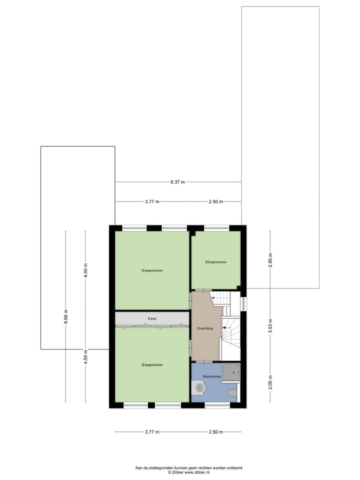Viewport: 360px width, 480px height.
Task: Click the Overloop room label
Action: (x=205, y=328)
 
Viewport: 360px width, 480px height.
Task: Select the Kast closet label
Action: (x=152, y=318)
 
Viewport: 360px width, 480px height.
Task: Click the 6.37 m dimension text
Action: (x=177, y=182)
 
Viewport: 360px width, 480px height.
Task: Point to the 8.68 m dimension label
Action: (x=65, y=316)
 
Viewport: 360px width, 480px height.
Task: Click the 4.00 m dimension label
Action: (x=85, y=270)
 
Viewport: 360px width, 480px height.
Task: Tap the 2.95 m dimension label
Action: (x=270, y=260)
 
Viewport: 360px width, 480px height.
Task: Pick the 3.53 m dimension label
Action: (x=270, y=325)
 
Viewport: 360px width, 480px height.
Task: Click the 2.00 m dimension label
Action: (x=270, y=382)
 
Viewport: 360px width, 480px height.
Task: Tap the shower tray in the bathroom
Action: (x=231, y=372)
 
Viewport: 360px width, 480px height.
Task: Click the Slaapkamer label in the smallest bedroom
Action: (x=215, y=262)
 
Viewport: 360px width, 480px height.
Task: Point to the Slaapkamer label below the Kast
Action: (x=152, y=365)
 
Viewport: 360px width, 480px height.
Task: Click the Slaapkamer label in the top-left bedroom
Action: (x=152, y=270)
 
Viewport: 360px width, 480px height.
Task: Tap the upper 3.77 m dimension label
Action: (x=152, y=201)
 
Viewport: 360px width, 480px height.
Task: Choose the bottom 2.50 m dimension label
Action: (x=215, y=432)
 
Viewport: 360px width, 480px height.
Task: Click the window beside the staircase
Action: (x=243, y=304)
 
